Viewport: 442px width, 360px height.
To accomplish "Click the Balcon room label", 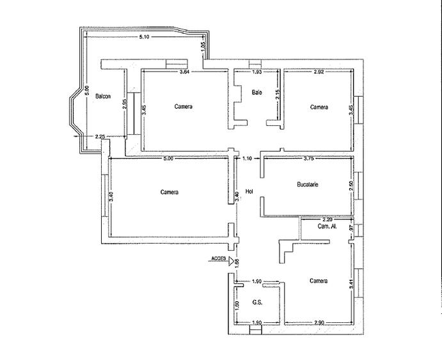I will coord(102,97).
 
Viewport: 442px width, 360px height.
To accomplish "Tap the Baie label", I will coord(257,93).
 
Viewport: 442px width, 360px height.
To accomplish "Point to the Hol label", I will coord(249,198).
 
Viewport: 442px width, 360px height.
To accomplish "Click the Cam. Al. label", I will coord(328,226).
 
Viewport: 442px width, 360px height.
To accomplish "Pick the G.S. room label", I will coord(257,303).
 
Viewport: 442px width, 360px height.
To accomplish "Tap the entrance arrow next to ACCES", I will coord(232,260).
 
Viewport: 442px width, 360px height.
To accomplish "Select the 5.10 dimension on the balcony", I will coord(145,37).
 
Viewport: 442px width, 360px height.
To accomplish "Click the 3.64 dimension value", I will coord(184,72).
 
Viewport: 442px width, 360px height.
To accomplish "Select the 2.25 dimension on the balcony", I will coord(100,136).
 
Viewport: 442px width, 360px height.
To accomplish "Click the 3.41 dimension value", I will coord(351,287).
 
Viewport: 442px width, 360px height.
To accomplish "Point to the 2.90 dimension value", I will coord(318,322).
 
